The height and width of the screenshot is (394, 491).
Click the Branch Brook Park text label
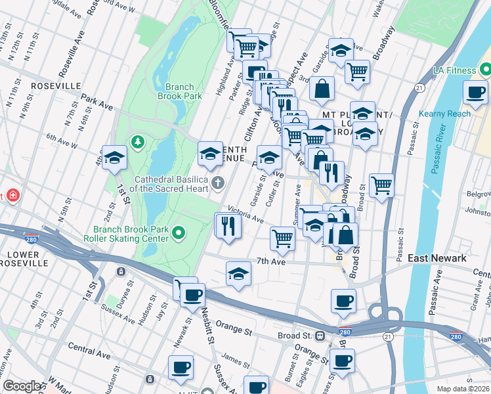coord(175,91)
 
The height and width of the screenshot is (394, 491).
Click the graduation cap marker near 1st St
coord(114,158)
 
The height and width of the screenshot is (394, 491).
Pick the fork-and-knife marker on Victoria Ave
coord(228,227)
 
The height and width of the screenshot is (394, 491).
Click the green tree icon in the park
coord(138,141)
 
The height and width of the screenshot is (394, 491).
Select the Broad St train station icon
coord(320,336)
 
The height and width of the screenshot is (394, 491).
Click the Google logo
coord(22,385)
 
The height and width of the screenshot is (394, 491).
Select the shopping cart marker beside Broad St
coord(381,185)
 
